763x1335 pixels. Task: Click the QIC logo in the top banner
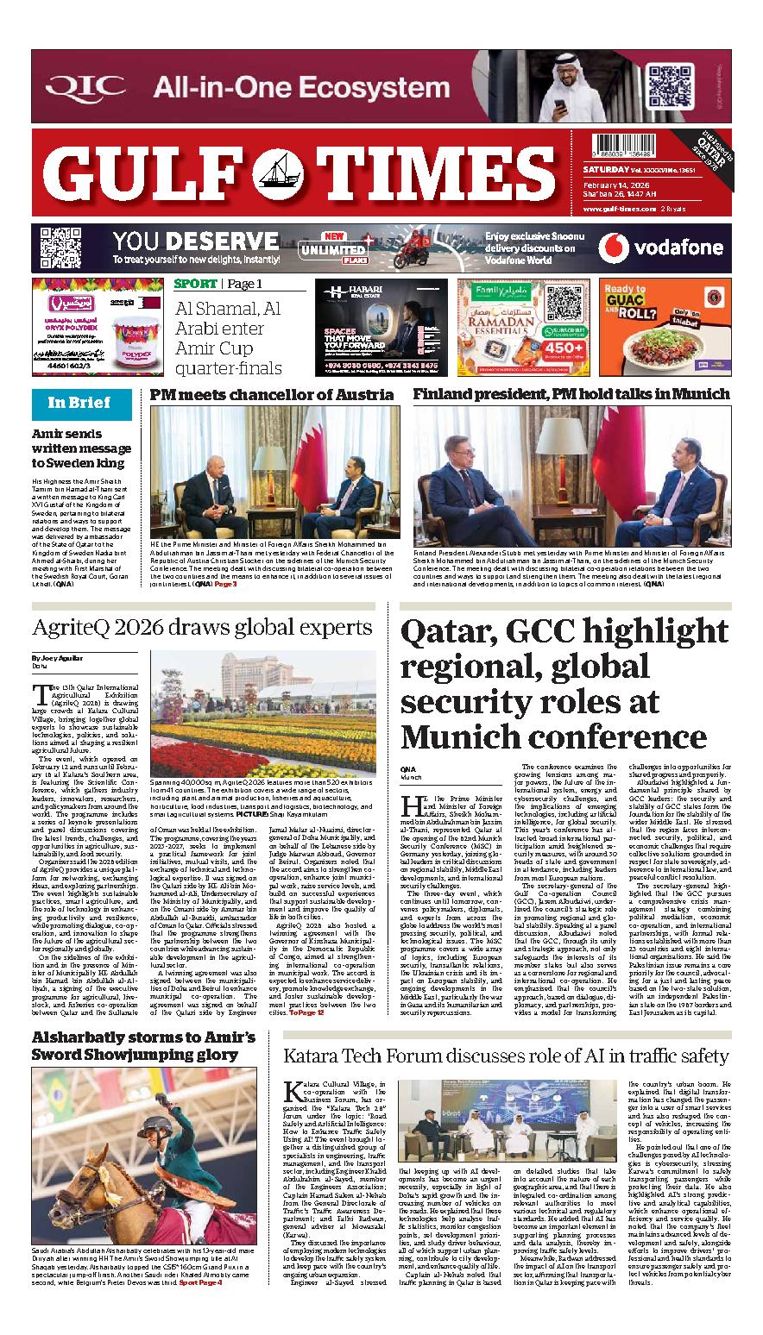[x=85, y=87]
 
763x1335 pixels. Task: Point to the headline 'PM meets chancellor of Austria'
[x=272, y=394]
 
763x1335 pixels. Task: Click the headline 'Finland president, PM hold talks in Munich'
[x=571, y=394]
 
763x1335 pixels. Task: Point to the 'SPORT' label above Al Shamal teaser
[x=195, y=284]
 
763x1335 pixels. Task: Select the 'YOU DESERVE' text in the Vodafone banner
[x=195, y=241]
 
